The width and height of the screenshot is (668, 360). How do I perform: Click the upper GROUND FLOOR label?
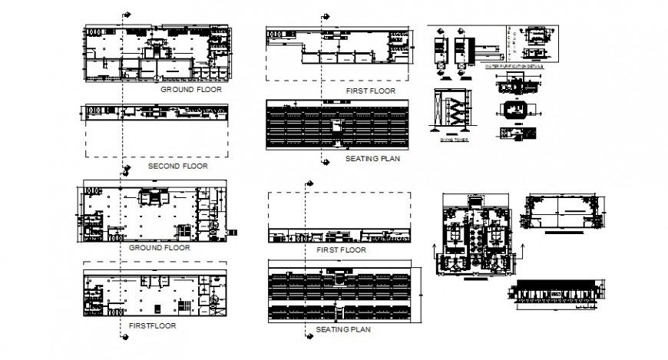pyautogui.click(x=190, y=89)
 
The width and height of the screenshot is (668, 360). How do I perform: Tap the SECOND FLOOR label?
pyautogui.click(x=177, y=166)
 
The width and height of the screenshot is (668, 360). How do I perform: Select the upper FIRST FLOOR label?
pyautogui.click(x=371, y=91)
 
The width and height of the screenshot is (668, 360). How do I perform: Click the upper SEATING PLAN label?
pyautogui.click(x=372, y=159)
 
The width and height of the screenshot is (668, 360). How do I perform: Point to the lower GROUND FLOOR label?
pyautogui.click(x=160, y=248)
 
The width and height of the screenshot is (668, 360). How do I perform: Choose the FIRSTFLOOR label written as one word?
pyautogui.click(x=152, y=325)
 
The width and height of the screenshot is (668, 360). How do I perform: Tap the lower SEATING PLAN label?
pyautogui.click(x=343, y=329)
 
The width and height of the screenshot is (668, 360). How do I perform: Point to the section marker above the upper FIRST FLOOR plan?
pyautogui.click(x=324, y=15)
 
